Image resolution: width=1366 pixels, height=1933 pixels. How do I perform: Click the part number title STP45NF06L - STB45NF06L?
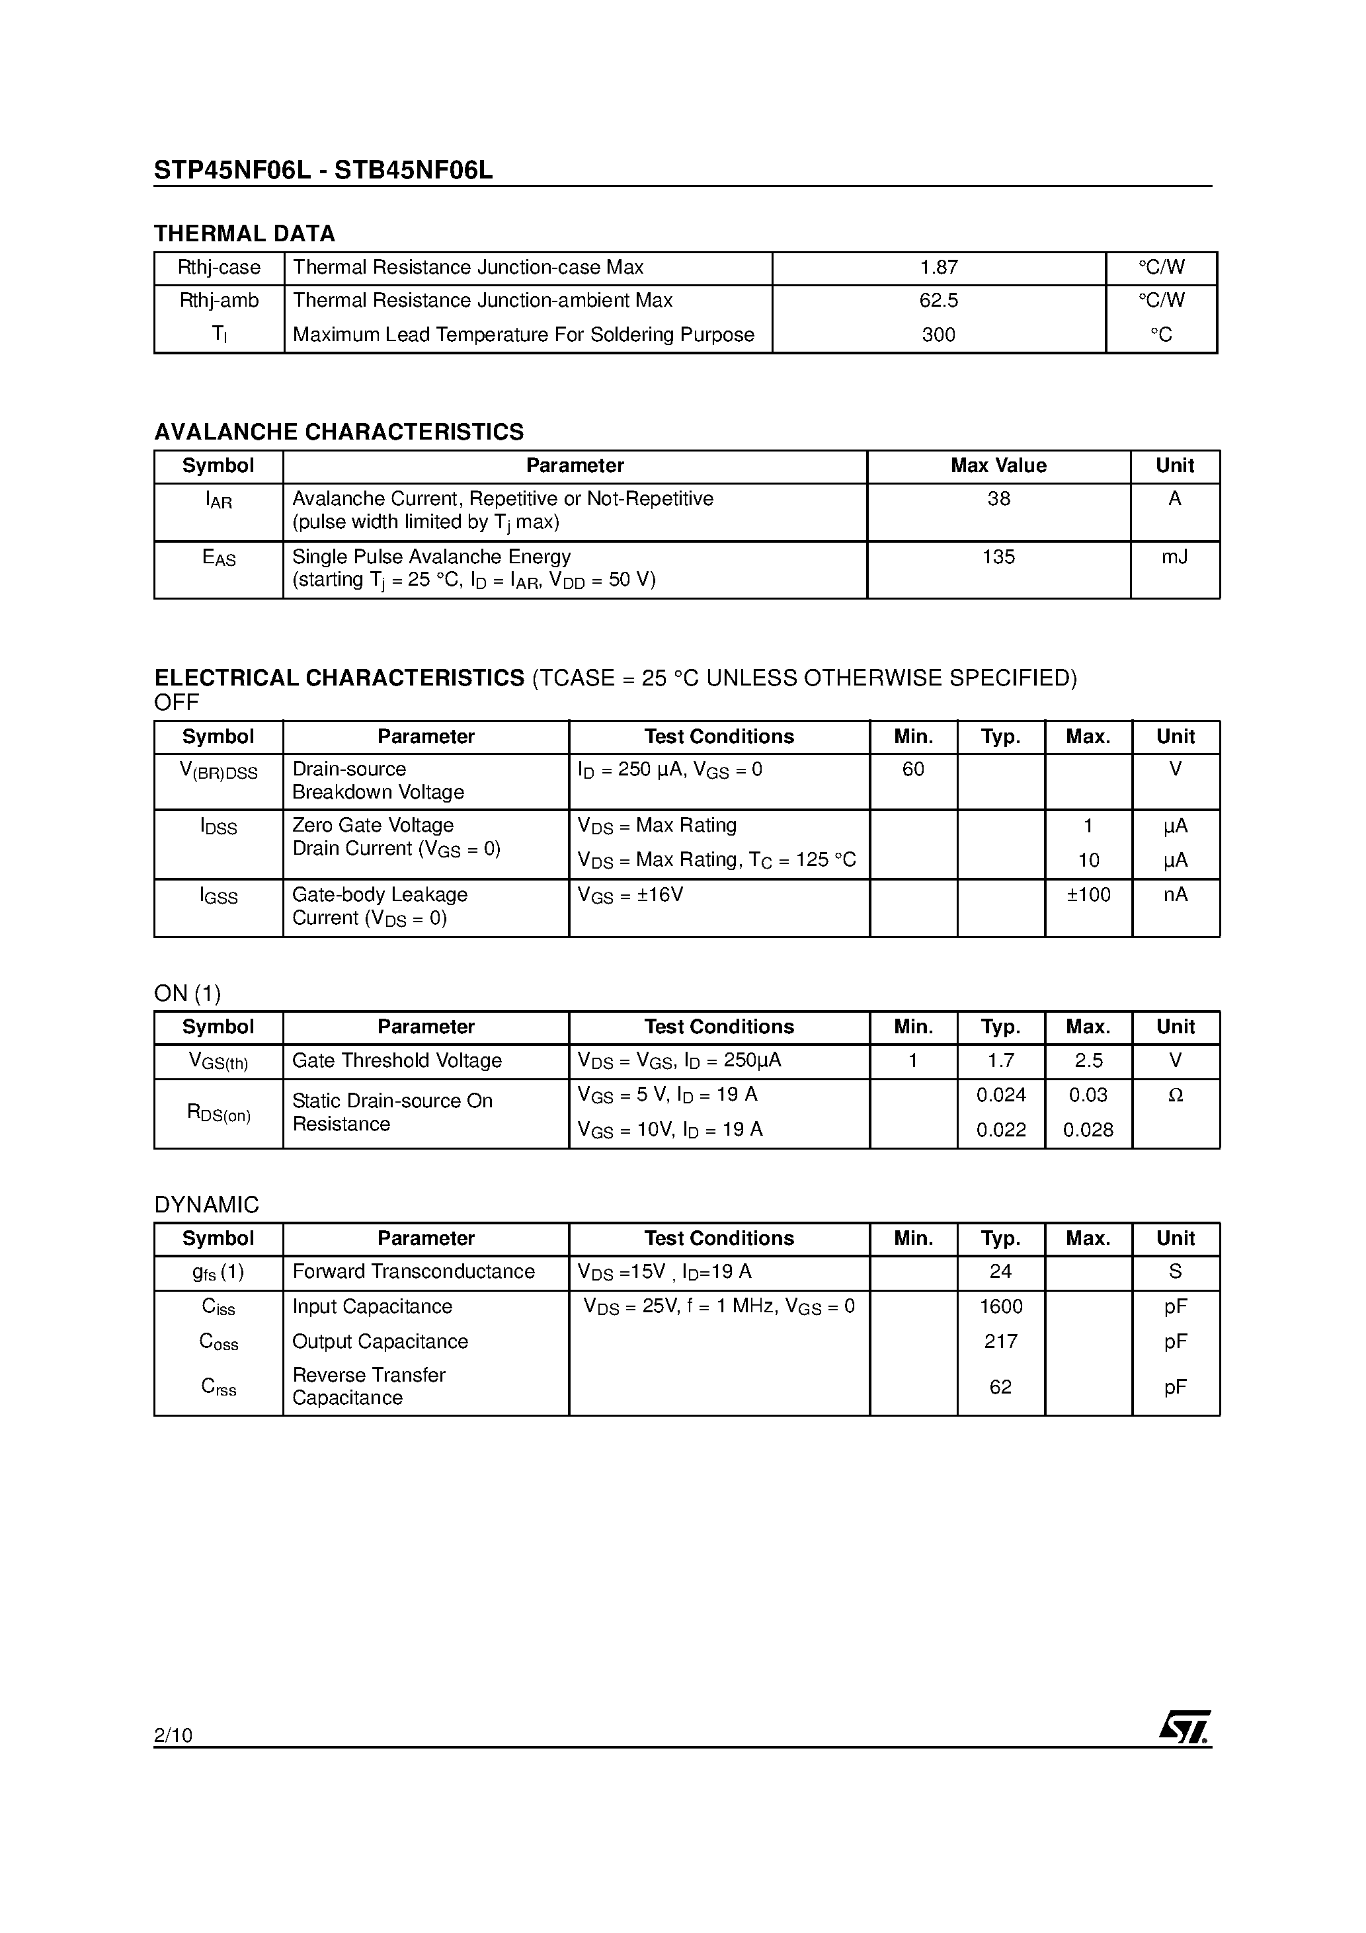(x=323, y=171)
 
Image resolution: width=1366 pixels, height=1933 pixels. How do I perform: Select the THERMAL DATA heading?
(x=244, y=233)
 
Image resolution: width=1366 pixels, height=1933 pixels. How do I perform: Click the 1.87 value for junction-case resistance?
(x=938, y=268)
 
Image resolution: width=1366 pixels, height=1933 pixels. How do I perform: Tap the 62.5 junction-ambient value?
(x=938, y=301)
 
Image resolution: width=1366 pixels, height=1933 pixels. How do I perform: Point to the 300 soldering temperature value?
(x=938, y=335)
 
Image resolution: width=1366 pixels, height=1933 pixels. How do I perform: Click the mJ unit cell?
(x=1174, y=557)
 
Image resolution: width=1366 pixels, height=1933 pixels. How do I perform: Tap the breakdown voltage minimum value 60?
(x=913, y=769)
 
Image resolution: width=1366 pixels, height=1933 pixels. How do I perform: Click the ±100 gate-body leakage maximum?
(x=1088, y=894)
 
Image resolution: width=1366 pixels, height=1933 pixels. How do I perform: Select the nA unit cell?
(x=1175, y=894)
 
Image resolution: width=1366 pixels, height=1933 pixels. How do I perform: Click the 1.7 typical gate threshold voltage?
(x=1000, y=1061)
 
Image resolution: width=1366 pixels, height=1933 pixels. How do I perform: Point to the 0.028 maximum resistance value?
(x=1088, y=1130)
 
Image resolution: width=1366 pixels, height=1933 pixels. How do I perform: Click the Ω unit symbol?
(x=1176, y=1095)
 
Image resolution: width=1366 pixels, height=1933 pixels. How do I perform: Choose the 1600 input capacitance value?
(x=1000, y=1307)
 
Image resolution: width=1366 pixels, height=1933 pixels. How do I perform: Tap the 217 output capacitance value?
(x=1000, y=1341)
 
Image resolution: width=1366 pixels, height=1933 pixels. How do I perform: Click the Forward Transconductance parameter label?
(x=413, y=1271)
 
